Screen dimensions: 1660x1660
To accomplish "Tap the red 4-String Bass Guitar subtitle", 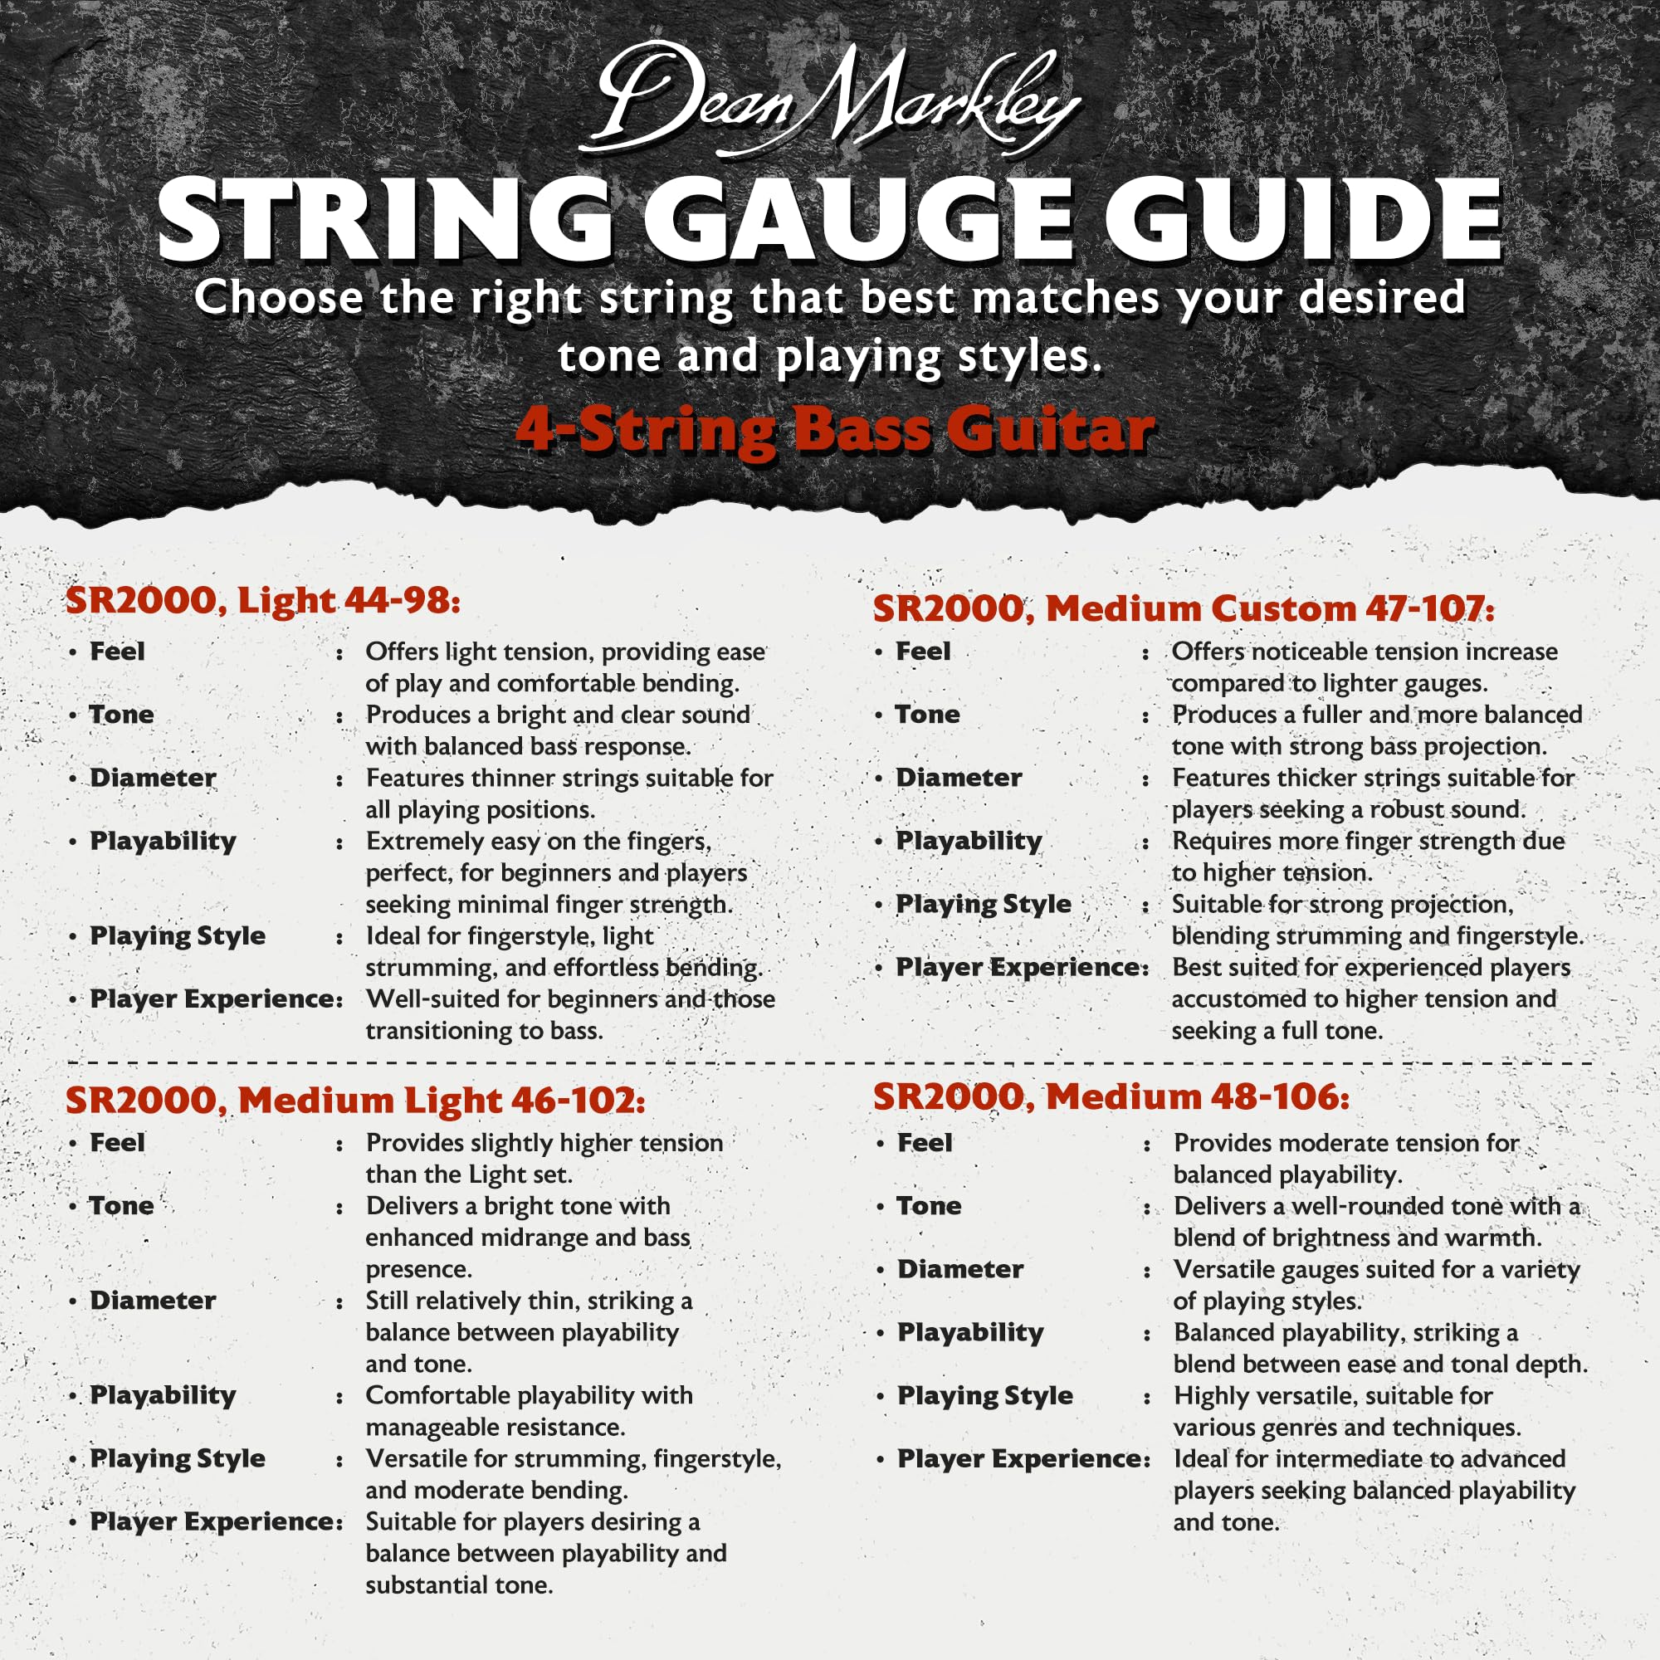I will pos(833,429).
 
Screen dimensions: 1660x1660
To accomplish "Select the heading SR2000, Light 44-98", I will pos(263,600).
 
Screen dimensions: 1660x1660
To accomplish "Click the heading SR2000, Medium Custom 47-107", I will pos(1183,608).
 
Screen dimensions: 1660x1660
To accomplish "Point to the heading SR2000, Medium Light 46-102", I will pos(355,1100).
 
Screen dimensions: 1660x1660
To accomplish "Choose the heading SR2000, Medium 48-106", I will pos(1111,1096).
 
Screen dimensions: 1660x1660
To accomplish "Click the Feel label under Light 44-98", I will pos(118,652).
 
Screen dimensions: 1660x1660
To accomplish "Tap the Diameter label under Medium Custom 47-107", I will pos(959,778).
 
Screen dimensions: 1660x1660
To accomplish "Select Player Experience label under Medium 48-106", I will pos(1023,1459).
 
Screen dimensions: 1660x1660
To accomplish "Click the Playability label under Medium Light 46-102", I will pos(164,1395).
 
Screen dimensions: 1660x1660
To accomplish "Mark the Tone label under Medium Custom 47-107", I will pos(928,714).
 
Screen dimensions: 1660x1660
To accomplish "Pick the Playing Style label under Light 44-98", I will pos(178,935).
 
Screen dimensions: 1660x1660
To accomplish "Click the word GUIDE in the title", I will pos(1301,221).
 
